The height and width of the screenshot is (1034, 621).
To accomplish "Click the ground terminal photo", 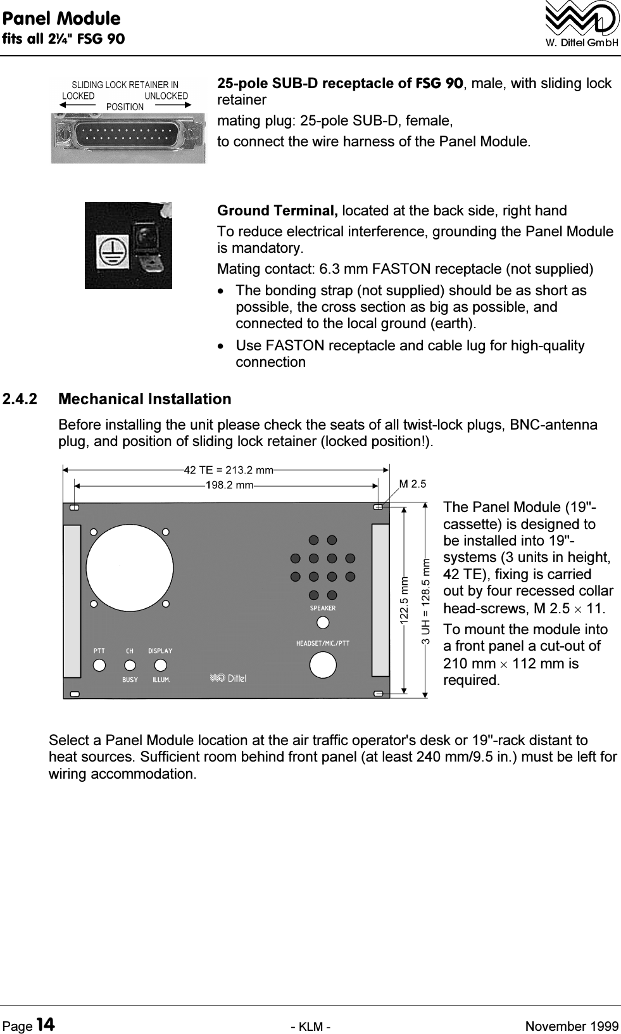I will (x=129, y=245).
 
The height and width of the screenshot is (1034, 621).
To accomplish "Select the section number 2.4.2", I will (x=20, y=399).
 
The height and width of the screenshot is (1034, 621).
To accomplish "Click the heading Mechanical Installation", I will (x=145, y=399).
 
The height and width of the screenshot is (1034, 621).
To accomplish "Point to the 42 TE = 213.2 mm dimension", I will (x=229, y=470).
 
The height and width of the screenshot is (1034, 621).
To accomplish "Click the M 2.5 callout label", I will (x=413, y=484).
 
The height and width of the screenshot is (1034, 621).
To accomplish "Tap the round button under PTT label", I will (x=99, y=665).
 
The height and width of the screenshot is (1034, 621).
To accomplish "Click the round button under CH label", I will (x=130, y=665).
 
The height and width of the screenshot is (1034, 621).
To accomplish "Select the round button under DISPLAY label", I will (x=161, y=665).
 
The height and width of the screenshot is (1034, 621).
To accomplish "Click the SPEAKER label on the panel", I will (x=323, y=608).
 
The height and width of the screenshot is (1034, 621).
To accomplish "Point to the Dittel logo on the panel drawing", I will (x=229, y=679).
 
